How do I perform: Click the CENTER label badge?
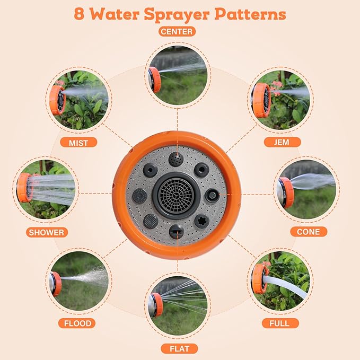click(177, 31)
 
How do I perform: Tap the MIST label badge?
click(78, 143)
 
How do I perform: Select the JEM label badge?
click(282, 142)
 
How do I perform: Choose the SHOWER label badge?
click(47, 232)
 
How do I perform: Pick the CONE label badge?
click(309, 231)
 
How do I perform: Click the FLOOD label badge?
click(77, 323)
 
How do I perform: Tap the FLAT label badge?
click(179, 348)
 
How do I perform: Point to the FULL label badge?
click(280, 323)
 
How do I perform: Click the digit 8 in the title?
click(79, 14)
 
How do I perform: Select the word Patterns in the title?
click(250, 14)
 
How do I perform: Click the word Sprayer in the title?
click(177, 15)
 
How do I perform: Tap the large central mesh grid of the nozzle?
click(177, 196)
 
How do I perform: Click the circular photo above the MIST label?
click(79, 100)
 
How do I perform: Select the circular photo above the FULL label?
click(280, 281)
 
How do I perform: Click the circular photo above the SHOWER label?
click(46, 190)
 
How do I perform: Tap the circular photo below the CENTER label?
click(178, 75)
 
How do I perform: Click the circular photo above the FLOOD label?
click(79, 281)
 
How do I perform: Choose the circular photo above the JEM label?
click(280, 100)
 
